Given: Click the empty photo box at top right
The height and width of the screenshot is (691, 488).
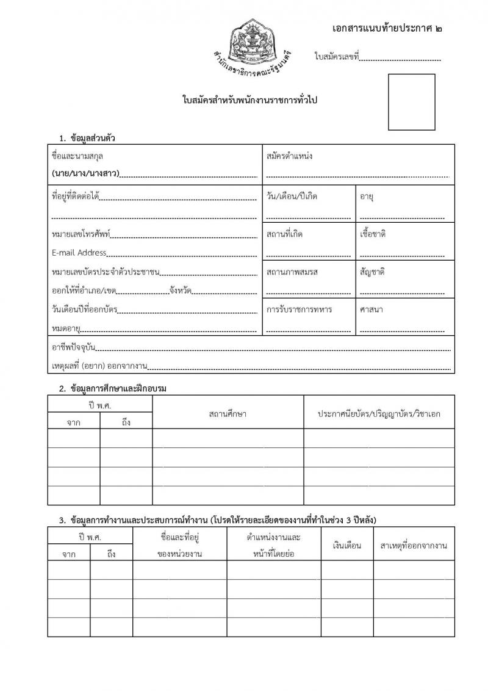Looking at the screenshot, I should [412, 102].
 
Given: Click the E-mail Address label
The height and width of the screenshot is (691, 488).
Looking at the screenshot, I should [79, 253].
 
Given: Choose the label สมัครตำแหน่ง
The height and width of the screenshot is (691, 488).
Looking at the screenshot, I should [289, 156].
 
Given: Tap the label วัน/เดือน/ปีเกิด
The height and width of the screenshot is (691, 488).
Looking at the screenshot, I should [292, 197].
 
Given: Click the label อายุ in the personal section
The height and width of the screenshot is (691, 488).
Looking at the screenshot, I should [367, 197].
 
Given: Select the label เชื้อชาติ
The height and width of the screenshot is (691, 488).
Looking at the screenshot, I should [373, 234].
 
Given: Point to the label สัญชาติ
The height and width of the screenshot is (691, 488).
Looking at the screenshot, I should [372, 272].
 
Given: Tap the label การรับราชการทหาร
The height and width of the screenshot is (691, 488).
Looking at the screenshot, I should [299, 309].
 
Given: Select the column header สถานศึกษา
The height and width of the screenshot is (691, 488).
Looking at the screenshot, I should [228, 414].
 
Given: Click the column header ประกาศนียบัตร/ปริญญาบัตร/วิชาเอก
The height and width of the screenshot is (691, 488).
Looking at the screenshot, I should [379, 414].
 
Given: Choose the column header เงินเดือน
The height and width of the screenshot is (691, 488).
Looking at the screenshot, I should [347, 545].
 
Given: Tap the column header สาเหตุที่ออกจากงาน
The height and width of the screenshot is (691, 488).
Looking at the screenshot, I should [414, 545].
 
